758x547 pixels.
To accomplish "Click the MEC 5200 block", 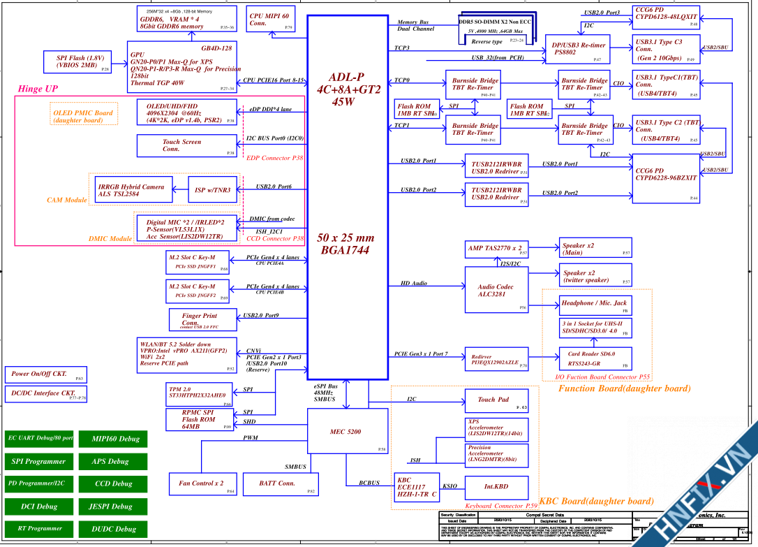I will (x=348, y=431).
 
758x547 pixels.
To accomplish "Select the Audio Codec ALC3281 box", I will (x=497, y=290).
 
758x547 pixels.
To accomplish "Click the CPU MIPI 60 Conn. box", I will (x=271, y=19).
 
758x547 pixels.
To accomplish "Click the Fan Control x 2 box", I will (x=201, y=483).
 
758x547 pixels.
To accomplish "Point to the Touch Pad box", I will (x=496, y=400).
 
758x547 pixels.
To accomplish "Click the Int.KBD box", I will (x=496, y=486).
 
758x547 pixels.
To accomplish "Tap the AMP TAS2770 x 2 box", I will (x=496, y=249).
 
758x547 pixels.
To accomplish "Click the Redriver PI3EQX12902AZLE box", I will (x=496, y=360).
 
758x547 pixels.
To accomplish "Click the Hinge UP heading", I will (x=38, y=89).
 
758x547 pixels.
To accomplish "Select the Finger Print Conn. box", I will (x=200, y=320).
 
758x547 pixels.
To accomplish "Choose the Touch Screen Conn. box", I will (x=186, y=145).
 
